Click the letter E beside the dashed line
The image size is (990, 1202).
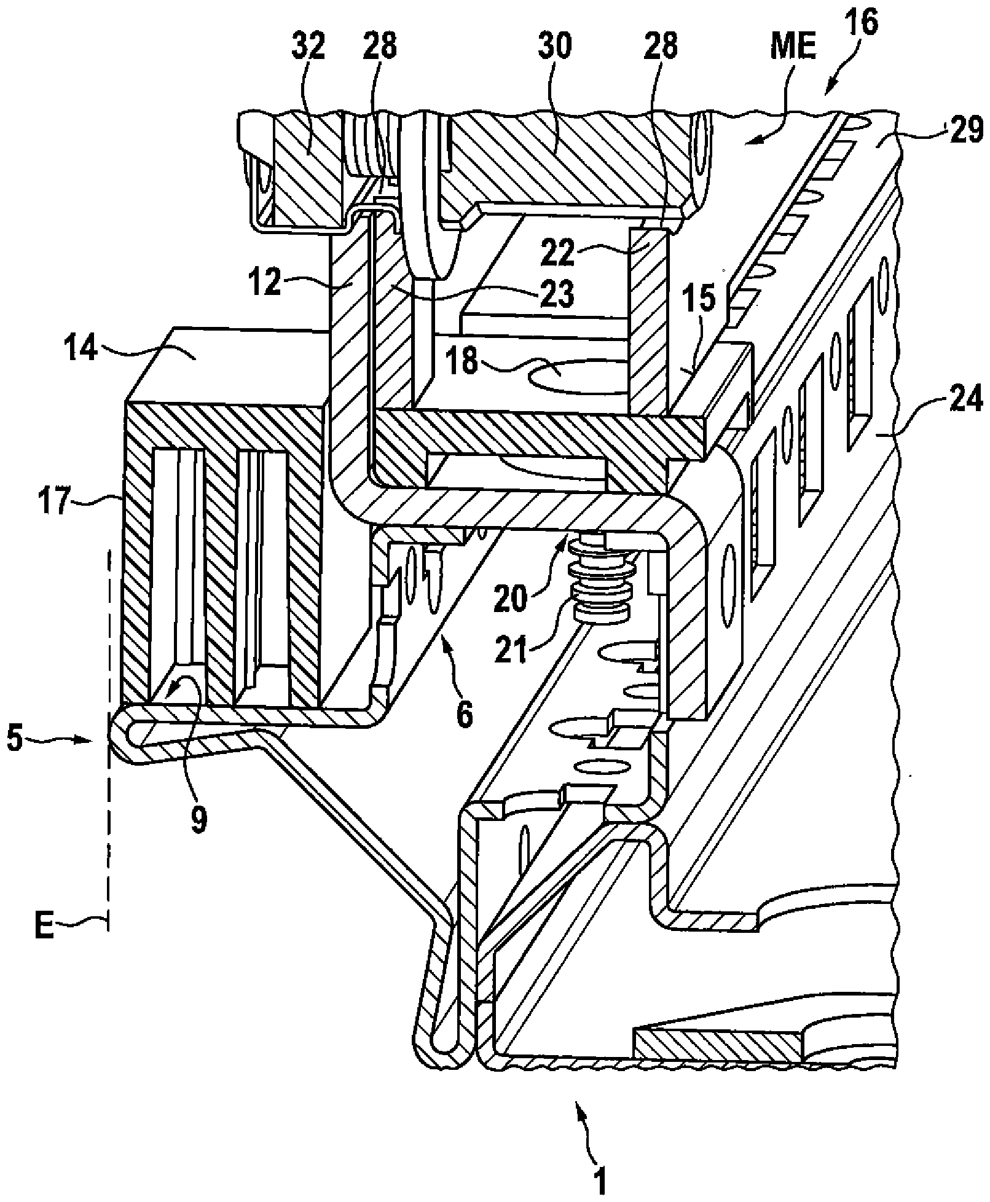[x=44, y=944]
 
